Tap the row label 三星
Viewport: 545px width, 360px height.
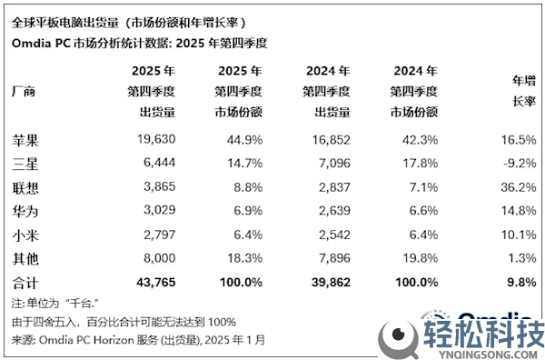click(26, 165)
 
